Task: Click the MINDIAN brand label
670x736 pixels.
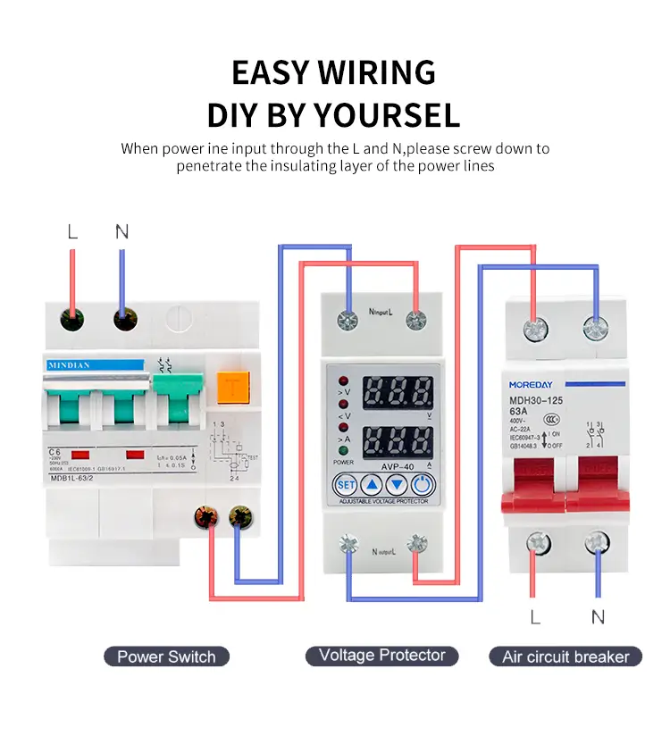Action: point(95,365)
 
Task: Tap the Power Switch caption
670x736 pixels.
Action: point(166,657)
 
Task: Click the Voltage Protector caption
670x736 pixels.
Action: point(381,656)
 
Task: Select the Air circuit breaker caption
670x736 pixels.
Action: point(565,657)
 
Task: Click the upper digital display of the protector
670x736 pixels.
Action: point(398,391)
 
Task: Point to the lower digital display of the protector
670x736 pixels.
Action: point(398,441)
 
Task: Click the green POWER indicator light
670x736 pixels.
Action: point(344,451)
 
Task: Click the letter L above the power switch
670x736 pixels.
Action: point(72,232)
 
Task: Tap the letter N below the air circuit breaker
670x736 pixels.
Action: point(598,616)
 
